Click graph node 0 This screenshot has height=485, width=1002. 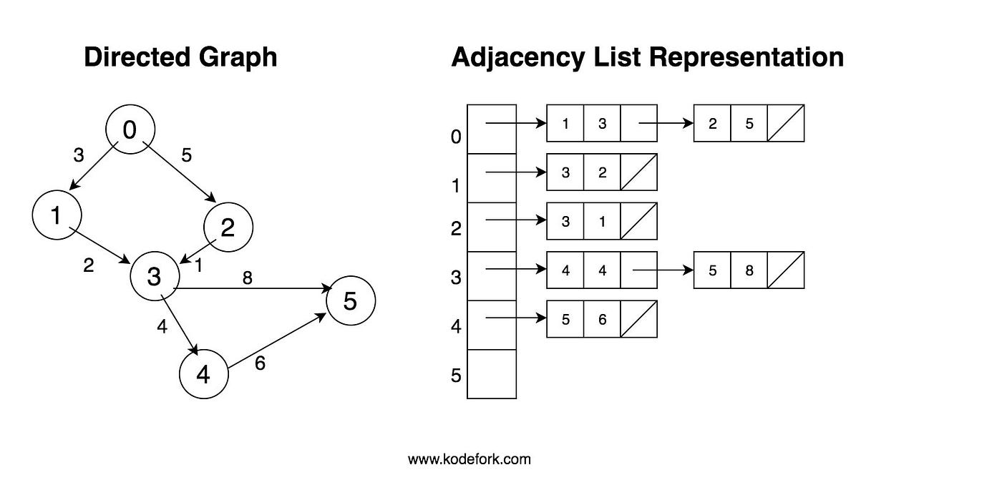tap(130, 129)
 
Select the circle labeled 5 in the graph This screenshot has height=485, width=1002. tap(351, 301)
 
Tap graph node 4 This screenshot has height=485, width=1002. tap(203, 374)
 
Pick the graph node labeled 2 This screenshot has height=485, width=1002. tap(228, 227)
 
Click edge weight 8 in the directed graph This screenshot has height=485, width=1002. tap(247, 278)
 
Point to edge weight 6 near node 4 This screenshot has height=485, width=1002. tap(260, 363)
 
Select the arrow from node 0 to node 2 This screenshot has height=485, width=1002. tap(179, 172)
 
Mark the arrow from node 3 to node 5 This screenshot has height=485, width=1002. tap(254, 289)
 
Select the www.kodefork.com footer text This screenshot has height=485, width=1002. tap(470, 459)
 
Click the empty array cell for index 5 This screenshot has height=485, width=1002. tap(492, 374)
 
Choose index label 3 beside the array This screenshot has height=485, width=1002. tap(457, 278)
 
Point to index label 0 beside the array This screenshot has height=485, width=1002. tap(457, 136)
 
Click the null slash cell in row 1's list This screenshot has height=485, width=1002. tap(638, 172)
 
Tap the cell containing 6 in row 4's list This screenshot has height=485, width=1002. tap(602, 320)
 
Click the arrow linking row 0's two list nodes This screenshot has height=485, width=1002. tap(666, 123)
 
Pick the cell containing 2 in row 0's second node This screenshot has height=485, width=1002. tap(713, 123)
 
